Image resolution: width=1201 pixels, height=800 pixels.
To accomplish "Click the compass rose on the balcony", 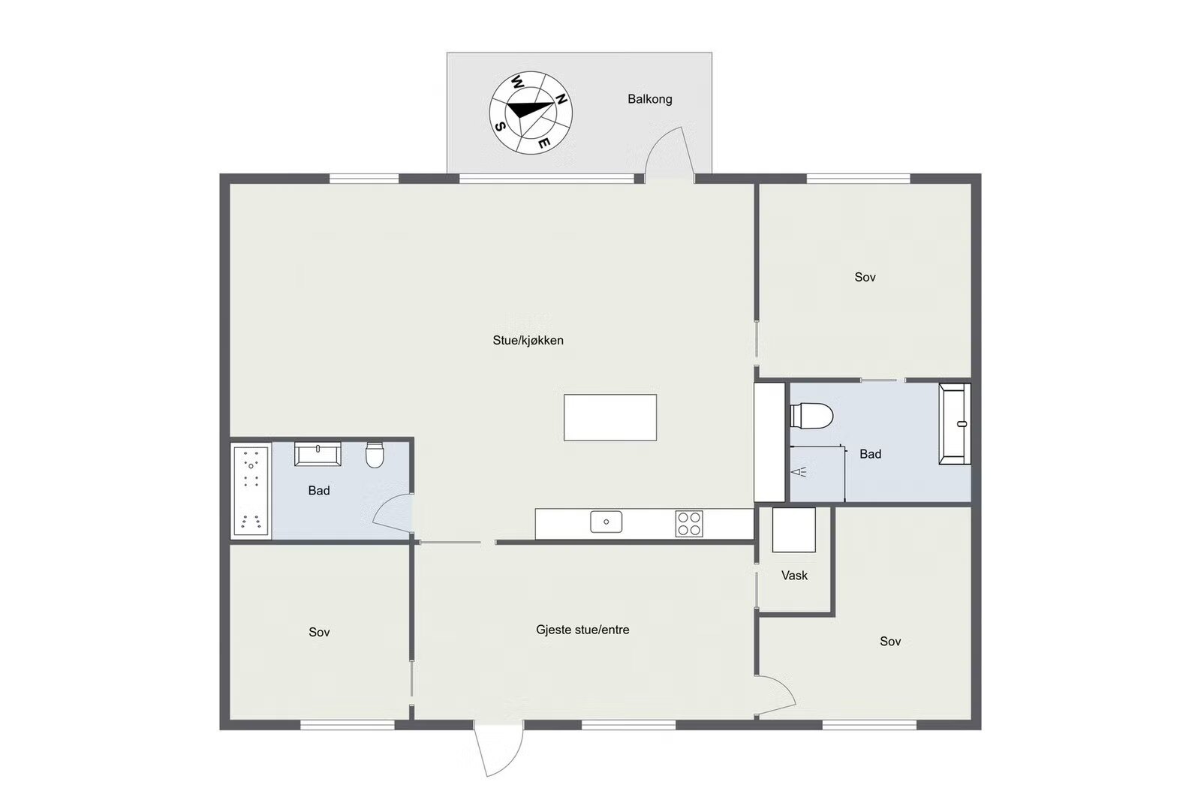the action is pos(531,113).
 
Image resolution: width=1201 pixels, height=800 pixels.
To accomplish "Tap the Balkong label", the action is pos(650,99).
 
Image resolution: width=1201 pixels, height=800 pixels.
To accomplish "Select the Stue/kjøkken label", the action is pos(528,341).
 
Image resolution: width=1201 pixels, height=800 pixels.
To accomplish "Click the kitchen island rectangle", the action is pos(610,418).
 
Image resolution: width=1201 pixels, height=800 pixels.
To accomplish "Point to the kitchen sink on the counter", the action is pos(607,522).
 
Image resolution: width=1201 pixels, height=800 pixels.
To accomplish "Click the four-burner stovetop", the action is pos(689,524).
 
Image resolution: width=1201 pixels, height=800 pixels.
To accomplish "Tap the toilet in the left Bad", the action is pos(375,455).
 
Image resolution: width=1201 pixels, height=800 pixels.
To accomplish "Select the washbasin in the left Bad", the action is pos(318,453).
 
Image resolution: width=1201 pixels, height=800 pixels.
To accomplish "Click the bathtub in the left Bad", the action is pos(251,490).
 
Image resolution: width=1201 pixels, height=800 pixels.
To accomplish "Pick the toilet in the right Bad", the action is pos(811,416).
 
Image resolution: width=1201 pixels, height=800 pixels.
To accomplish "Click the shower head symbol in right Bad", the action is pos(799,472).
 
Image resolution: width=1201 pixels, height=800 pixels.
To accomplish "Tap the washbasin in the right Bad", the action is pos(954,423).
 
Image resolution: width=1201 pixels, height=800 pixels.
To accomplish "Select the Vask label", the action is pos(795,576).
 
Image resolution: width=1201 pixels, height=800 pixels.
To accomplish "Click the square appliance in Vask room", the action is pos(794,530).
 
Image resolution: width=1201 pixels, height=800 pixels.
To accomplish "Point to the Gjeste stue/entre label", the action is pos(582,630).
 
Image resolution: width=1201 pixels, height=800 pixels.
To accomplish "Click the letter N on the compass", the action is pos(561,99).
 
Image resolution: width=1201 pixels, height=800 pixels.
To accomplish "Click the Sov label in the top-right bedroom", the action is pos(865,277).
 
